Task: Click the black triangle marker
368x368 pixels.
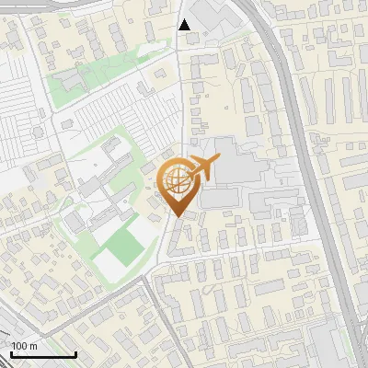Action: click(x=185, y=25)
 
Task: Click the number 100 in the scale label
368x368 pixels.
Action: click(x=20, y=346)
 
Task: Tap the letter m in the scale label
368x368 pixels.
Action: click(x=34, y=346)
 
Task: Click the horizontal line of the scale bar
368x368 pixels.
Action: click(x=43, y=354)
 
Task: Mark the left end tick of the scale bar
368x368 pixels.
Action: click(x=11, y=352)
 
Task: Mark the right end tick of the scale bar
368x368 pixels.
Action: click(x=75, y=352)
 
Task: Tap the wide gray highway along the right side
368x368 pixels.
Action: click(x=313, y=184)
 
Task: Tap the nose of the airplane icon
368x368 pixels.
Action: click(x=219, y=160)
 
